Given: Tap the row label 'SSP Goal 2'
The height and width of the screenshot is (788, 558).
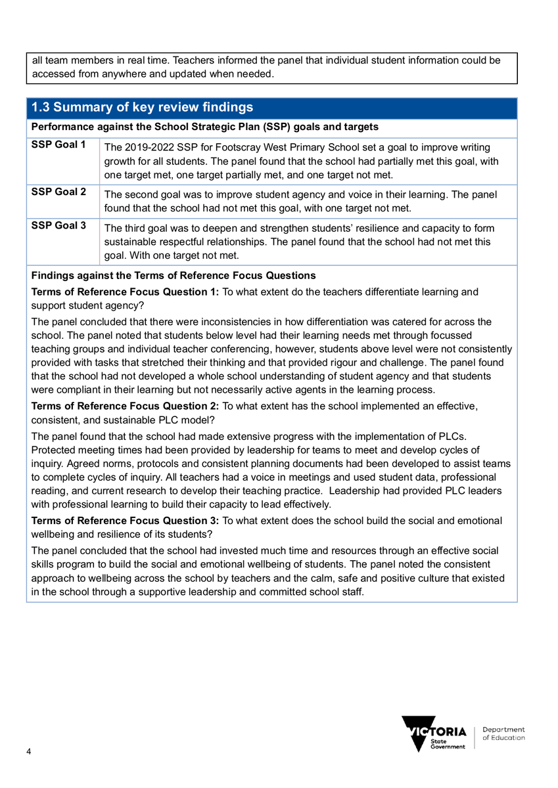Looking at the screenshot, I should coord(59,192).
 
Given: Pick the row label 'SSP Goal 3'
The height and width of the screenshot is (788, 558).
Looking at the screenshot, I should coord(59,226).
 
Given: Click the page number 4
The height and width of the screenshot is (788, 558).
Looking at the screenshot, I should coord(29,751).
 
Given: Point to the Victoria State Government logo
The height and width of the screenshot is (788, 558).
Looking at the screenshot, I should coord(434,735).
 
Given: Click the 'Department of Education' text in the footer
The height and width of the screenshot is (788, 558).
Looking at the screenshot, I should coord(504,733).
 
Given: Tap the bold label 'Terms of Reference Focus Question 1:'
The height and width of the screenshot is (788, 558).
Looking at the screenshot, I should coord(125,292).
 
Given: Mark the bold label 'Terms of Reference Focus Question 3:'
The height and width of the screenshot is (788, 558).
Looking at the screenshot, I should coord(125,521).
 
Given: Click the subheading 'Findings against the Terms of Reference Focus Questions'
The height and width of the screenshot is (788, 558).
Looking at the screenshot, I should coord(174,276).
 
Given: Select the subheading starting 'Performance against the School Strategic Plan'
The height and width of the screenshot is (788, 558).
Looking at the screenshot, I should coord(204,126).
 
